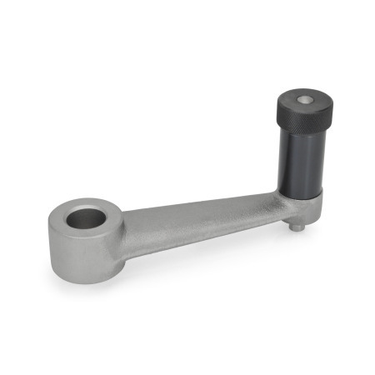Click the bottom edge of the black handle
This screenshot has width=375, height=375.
[x=300, y=192]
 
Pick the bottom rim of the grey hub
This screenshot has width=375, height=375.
[x=83, y=278]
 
